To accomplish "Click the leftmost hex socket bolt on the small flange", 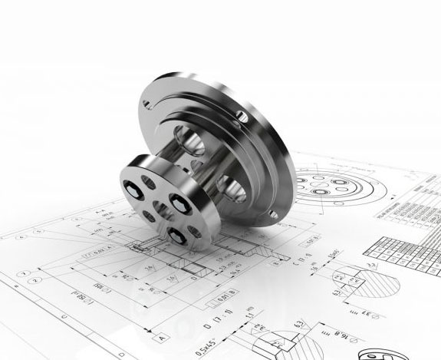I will tap(131, 191).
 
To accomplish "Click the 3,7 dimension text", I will tap(337, 291).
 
